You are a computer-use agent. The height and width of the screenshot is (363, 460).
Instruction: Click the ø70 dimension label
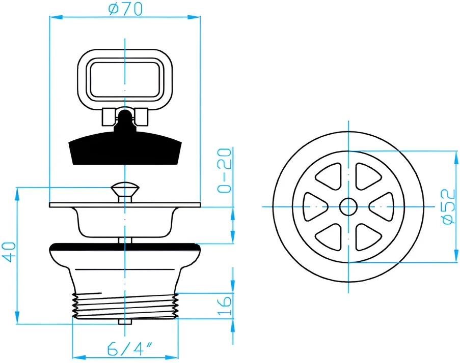tap(125, 9)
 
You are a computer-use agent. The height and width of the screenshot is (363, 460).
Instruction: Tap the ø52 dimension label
tap(449, 207)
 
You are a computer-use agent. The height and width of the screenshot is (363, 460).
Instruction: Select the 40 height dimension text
tap(9, 252)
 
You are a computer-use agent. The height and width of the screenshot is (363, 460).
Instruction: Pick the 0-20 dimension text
tap(225, 170)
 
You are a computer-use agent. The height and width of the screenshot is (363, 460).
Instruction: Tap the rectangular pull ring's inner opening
tap(125, 79)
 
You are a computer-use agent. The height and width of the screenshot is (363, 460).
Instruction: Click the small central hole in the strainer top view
tap(348, 207)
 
